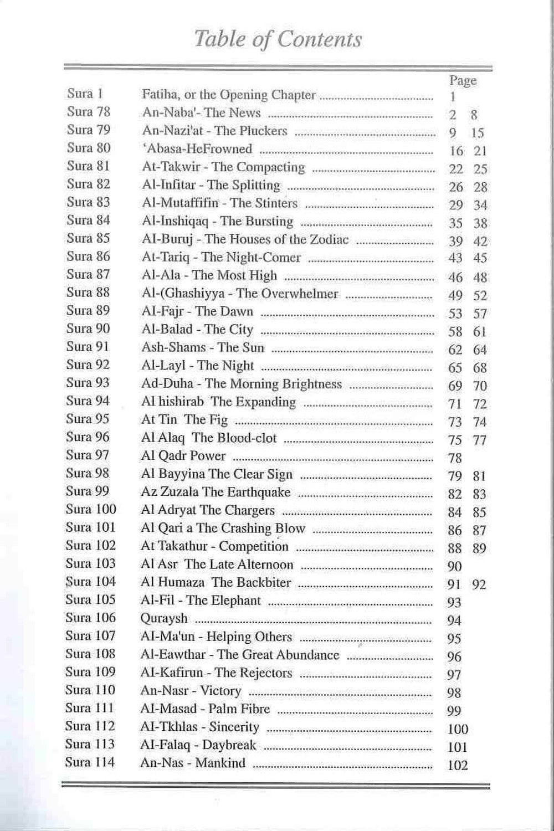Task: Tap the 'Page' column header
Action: click(463, 81)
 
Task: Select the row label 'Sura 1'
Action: click(85, 94)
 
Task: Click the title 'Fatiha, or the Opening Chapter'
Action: click(228, 95)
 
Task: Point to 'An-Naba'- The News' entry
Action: click(201, 113)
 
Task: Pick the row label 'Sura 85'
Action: click(88, 238)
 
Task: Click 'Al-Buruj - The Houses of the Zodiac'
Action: click(245, 239)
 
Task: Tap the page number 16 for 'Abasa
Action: click(456, 151)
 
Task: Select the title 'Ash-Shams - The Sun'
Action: click(202, 348)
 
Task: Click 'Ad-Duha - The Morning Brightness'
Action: click(241, 384)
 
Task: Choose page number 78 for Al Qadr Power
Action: click(454, 458)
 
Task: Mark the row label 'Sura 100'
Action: click(91, 509)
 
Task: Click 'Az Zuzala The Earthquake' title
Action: click(216, 492)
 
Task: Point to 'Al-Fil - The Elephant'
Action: click(201, 601)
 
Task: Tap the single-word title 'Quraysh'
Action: click(164, 618)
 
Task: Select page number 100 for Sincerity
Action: click(458, 729)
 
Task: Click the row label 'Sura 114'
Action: click(90, 762)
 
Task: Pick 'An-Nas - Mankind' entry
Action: click(192, 763)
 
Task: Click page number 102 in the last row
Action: click(458, 766)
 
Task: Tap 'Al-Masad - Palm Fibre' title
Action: click(205, 709)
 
